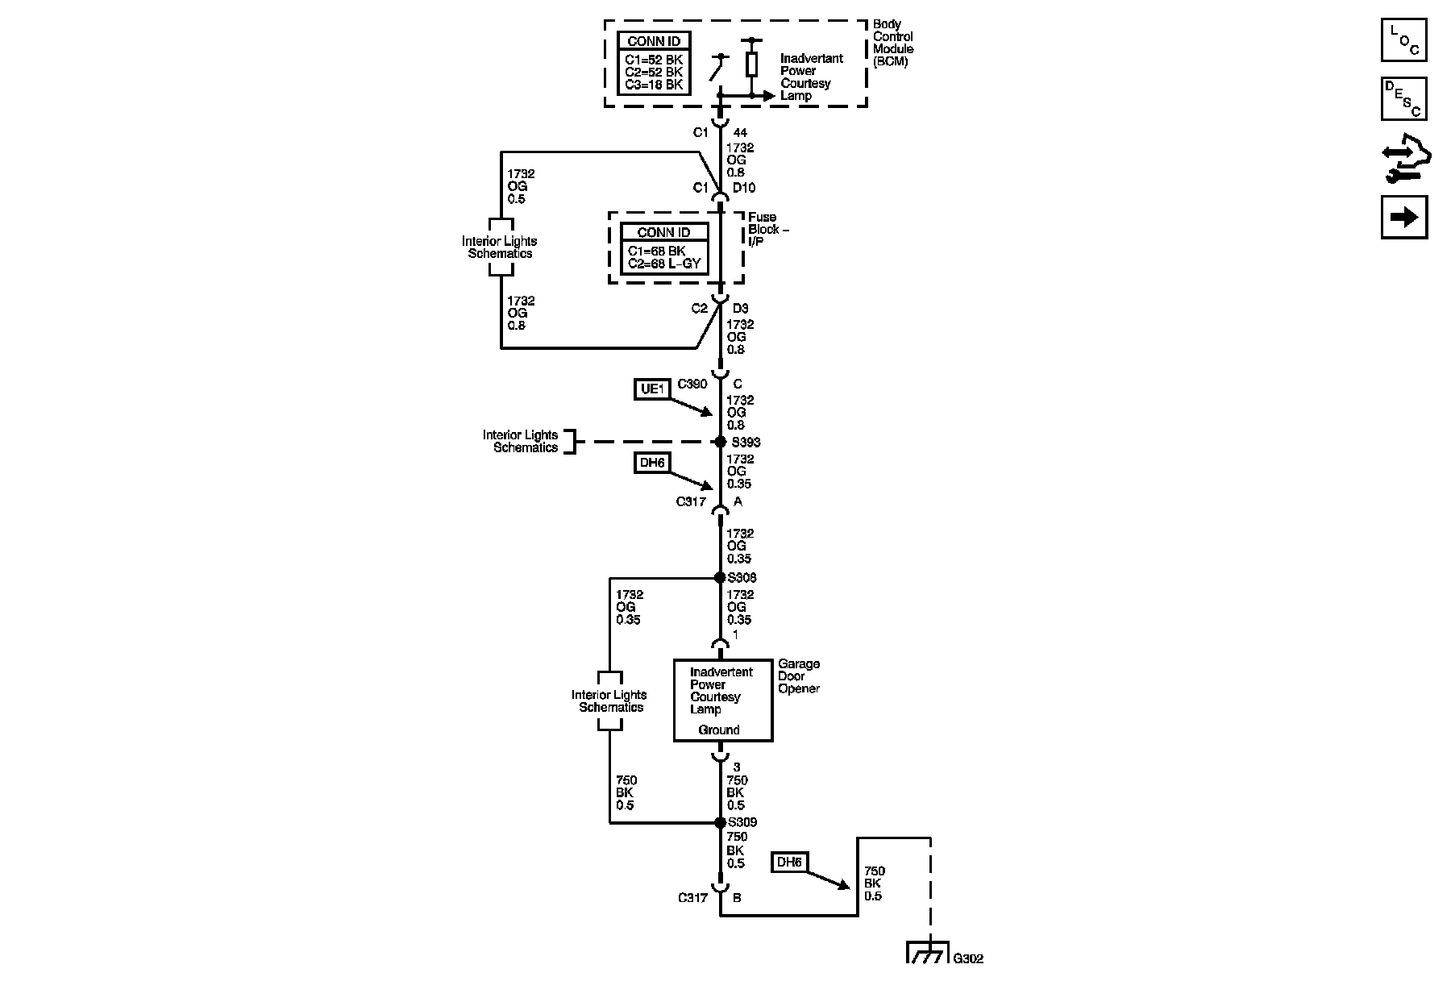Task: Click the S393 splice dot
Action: tap(721, 442)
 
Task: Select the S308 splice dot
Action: tap(720, 577)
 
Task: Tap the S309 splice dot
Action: tap(720, 822)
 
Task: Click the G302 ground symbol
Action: tap(929, 953)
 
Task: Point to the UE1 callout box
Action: tap(651, 389)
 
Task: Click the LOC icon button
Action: tap(1403, 40)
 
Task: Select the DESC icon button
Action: tap(1403, 98)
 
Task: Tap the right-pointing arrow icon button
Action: tap(1403, 217)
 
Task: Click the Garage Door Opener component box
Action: tap(722, 700)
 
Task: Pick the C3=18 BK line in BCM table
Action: tap(654, 85)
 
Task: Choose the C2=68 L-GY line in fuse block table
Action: tap(664, 264)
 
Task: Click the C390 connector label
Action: tap(692, 385)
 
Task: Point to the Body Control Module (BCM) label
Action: tap(893, 43)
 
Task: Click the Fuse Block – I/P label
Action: tap(768, 229)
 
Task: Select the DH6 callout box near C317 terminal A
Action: tap(651, 464)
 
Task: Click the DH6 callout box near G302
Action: tap(789, 862)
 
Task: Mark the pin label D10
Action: tap(743, 188)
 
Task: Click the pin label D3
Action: tap(740, 309)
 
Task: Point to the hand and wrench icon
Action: tap(1403, 159)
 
